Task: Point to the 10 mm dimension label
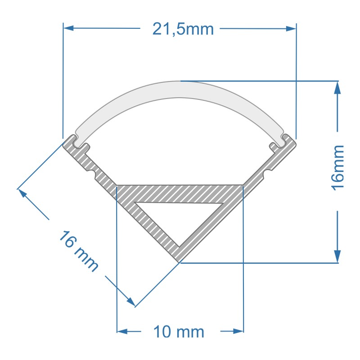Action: (x=179, y=332)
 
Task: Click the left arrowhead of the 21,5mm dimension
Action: (x=68, y=28)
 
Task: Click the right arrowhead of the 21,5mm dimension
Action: (x=292, y=28)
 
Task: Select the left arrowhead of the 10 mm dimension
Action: (x=122, y=332)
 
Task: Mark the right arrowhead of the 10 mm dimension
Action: (x=238, y=332)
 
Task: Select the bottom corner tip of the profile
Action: (x=179, y=261)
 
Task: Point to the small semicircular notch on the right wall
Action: (x=268, y=171)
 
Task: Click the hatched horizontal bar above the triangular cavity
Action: (x=180, y=193)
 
